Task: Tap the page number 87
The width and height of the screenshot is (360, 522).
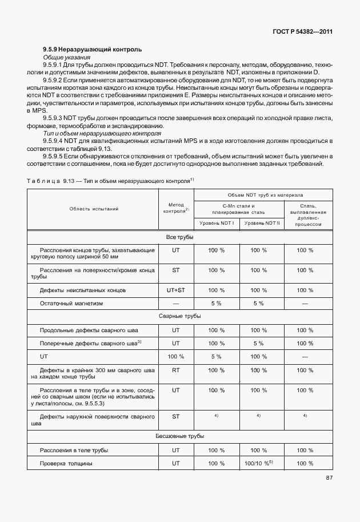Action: point(329,478)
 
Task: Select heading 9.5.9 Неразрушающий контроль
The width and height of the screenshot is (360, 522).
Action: point(93,50)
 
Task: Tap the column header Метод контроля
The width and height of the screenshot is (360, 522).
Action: point(176,208)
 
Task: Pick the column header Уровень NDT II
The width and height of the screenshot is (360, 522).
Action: point(262,222)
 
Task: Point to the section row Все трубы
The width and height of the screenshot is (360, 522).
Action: point(179,237)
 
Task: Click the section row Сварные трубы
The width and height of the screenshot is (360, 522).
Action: point(179,316)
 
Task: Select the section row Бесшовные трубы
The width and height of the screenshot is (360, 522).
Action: point(179,436)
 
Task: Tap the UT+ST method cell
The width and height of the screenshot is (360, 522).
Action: point(176,290)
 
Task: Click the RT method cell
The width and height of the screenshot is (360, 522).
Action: point(176,370)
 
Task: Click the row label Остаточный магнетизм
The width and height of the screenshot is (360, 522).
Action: point(71,303)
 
